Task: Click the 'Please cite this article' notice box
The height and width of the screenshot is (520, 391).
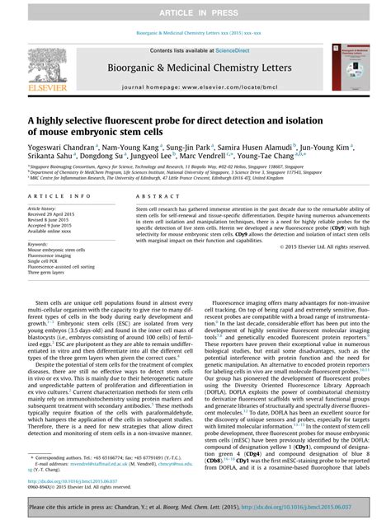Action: point(195,505)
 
